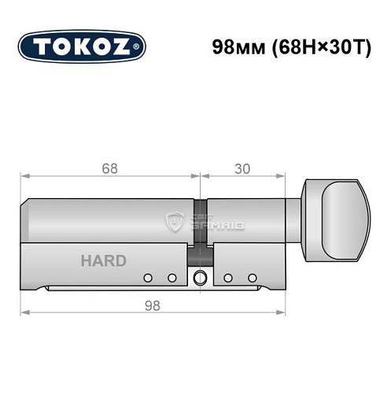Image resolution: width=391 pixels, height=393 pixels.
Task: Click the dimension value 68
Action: pos(109,167)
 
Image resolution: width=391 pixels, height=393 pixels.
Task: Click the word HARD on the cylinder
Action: pos(102,261)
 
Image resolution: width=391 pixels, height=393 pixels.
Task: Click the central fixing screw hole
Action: pos(200,277)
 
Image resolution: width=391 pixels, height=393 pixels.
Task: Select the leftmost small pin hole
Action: pos(147,277)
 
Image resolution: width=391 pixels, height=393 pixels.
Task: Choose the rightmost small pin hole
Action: pos(252,277)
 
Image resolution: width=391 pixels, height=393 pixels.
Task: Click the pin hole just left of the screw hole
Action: pos(172,277)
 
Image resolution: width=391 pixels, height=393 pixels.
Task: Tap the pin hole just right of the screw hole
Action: pos(227,277)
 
